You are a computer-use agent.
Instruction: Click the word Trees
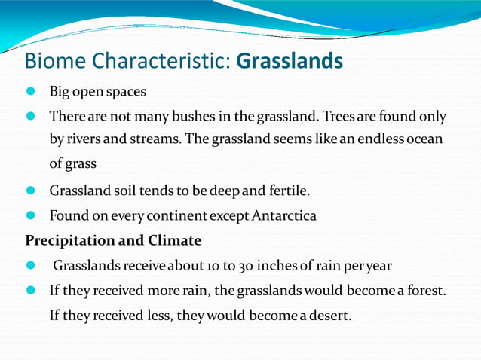click(x=344, y=117)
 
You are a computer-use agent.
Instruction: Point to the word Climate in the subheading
click(x=175, y=241)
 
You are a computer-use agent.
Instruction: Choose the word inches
click(x=278, y=266)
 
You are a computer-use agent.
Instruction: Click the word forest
click(x=424, y=291)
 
